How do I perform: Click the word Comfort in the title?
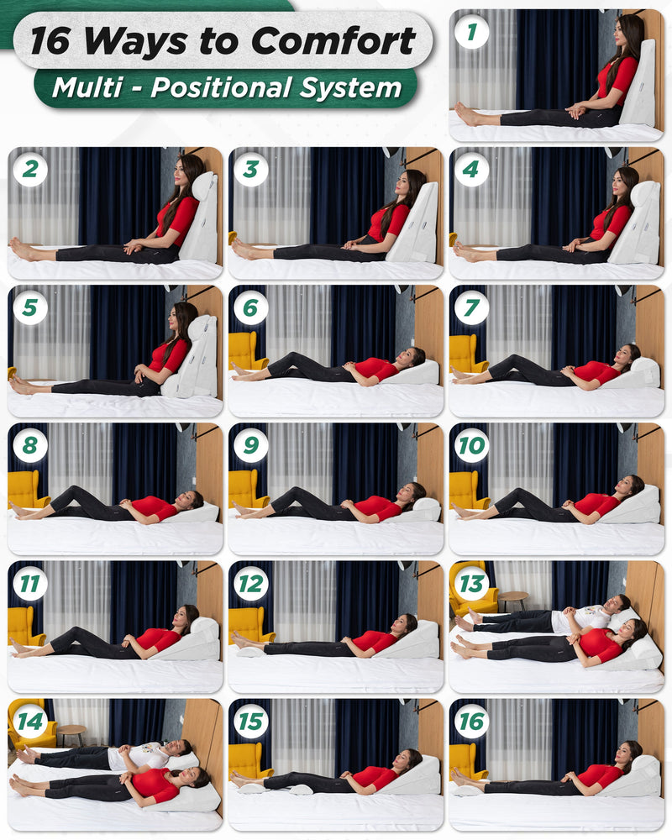coord(333,40)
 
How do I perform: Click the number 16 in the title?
coord(50,40)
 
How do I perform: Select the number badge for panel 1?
coord(471,32)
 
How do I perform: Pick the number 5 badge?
coord(30,307)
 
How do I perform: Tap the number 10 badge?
coord(471,445)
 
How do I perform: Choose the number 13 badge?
coord(471,584)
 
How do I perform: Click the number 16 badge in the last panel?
coord(471,721)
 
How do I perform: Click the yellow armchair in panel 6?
coord(245,352)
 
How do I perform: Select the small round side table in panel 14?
coord(71,734)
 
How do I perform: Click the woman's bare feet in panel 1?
coord(465,114)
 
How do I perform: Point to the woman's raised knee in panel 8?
coord(76,491)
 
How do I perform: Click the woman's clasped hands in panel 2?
coord(133,248)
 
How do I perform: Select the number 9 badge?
coord(251,445)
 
